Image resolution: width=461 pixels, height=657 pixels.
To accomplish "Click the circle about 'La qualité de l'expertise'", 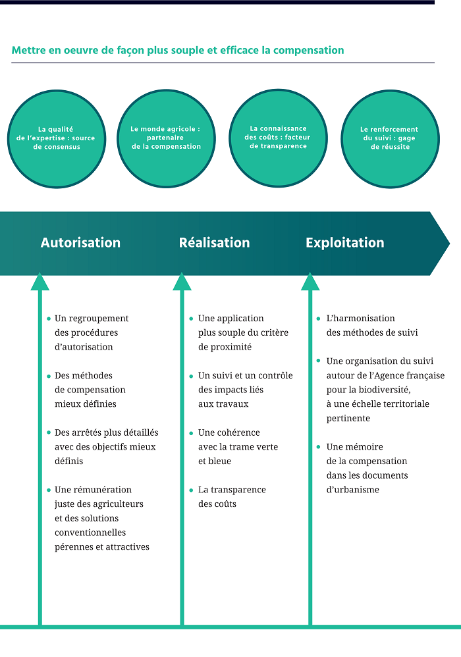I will pos(56,138).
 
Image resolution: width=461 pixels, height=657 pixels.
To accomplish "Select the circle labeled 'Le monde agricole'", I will pos(166,138).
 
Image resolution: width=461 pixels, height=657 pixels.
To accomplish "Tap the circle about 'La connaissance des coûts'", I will pos(277,138).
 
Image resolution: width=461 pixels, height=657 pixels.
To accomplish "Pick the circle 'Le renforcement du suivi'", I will pos(390,138).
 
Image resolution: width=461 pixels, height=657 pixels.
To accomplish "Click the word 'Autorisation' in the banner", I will pos(80,242).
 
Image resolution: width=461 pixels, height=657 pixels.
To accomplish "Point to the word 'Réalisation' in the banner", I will pos(214,242).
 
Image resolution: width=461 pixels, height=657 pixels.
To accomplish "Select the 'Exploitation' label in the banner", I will pos(344,242).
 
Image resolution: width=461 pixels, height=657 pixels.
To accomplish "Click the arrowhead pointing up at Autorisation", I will pos(40,282).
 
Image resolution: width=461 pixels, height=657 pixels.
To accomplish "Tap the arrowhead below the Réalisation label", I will pos(182,282).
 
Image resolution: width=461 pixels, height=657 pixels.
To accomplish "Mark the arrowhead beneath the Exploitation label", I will pos(310,282).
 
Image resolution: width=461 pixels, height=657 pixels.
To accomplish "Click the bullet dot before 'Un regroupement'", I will pos(49,319).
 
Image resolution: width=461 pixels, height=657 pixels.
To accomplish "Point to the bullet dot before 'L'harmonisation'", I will pos(319,319).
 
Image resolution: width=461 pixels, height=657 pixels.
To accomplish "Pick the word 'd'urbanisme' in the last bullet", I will pos(353,490).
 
